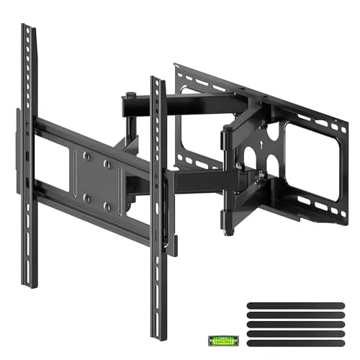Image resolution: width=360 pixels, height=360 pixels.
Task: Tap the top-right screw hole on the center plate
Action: (x=108, y=165)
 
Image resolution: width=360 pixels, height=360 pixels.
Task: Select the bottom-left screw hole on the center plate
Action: (x=85, y=196)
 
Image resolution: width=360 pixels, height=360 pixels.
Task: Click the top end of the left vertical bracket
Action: (x=27, y=29)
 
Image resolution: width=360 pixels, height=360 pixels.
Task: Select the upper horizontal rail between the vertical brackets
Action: (x=94, y=140)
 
